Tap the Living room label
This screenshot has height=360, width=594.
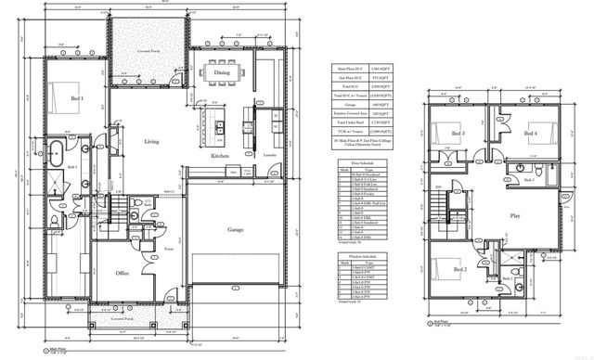152,142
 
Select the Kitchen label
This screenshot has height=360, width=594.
219,157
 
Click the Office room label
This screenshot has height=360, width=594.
122,274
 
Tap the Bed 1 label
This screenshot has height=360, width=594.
77,97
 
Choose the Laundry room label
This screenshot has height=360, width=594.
269,156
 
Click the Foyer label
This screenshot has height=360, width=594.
170,250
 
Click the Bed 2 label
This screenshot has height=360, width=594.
459,269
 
